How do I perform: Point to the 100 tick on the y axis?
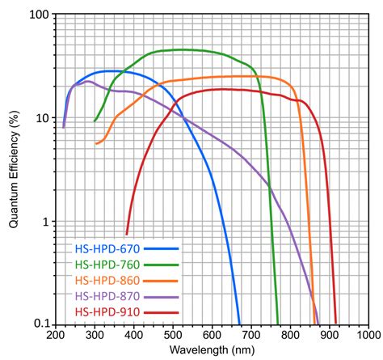tap(40, 15)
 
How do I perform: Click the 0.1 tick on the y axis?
tap(40, 324)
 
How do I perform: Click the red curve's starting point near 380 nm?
tap(127, 233)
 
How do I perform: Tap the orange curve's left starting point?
tap(96, 144)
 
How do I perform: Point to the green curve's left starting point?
tap(95, 121)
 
